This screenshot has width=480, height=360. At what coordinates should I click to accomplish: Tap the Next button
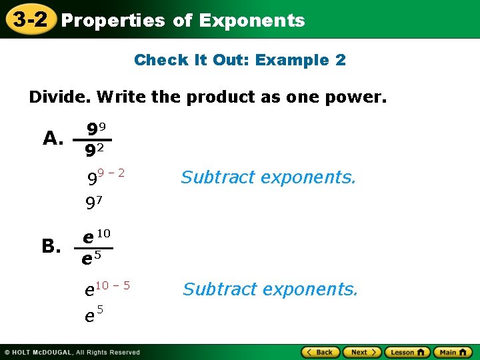[x=363, y=352]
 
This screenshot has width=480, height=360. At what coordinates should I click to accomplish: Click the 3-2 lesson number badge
[x=28, y=19]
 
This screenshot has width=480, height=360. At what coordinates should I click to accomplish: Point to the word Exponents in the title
[x=251, y=21]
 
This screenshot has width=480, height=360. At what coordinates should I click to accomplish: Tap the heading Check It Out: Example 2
[x=240, y=60]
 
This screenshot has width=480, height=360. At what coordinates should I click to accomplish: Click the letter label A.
[x=53, y=138]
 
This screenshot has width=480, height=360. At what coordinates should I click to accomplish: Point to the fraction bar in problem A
[x=92, y=140]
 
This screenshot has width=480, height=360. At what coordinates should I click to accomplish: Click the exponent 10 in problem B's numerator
[x=103, y=233]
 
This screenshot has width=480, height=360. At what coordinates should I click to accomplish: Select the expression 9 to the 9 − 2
[x=106, y=177]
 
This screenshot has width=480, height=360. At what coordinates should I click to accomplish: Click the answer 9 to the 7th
[x=93, y=203]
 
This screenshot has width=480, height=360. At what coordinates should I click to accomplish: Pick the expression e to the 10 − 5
[x=107, y=288]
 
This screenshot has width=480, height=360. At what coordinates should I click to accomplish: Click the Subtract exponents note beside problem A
[x=269, y=177]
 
